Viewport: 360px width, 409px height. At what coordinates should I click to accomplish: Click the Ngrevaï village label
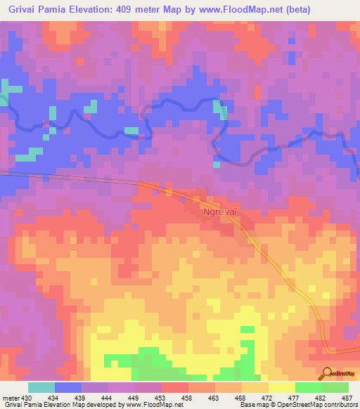coord(218,210)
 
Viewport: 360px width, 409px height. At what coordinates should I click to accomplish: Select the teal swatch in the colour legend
coord(41,387)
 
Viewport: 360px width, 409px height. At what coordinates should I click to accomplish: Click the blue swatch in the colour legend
coord(67,387)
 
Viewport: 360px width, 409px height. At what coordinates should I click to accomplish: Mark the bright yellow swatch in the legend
coord(281,387)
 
